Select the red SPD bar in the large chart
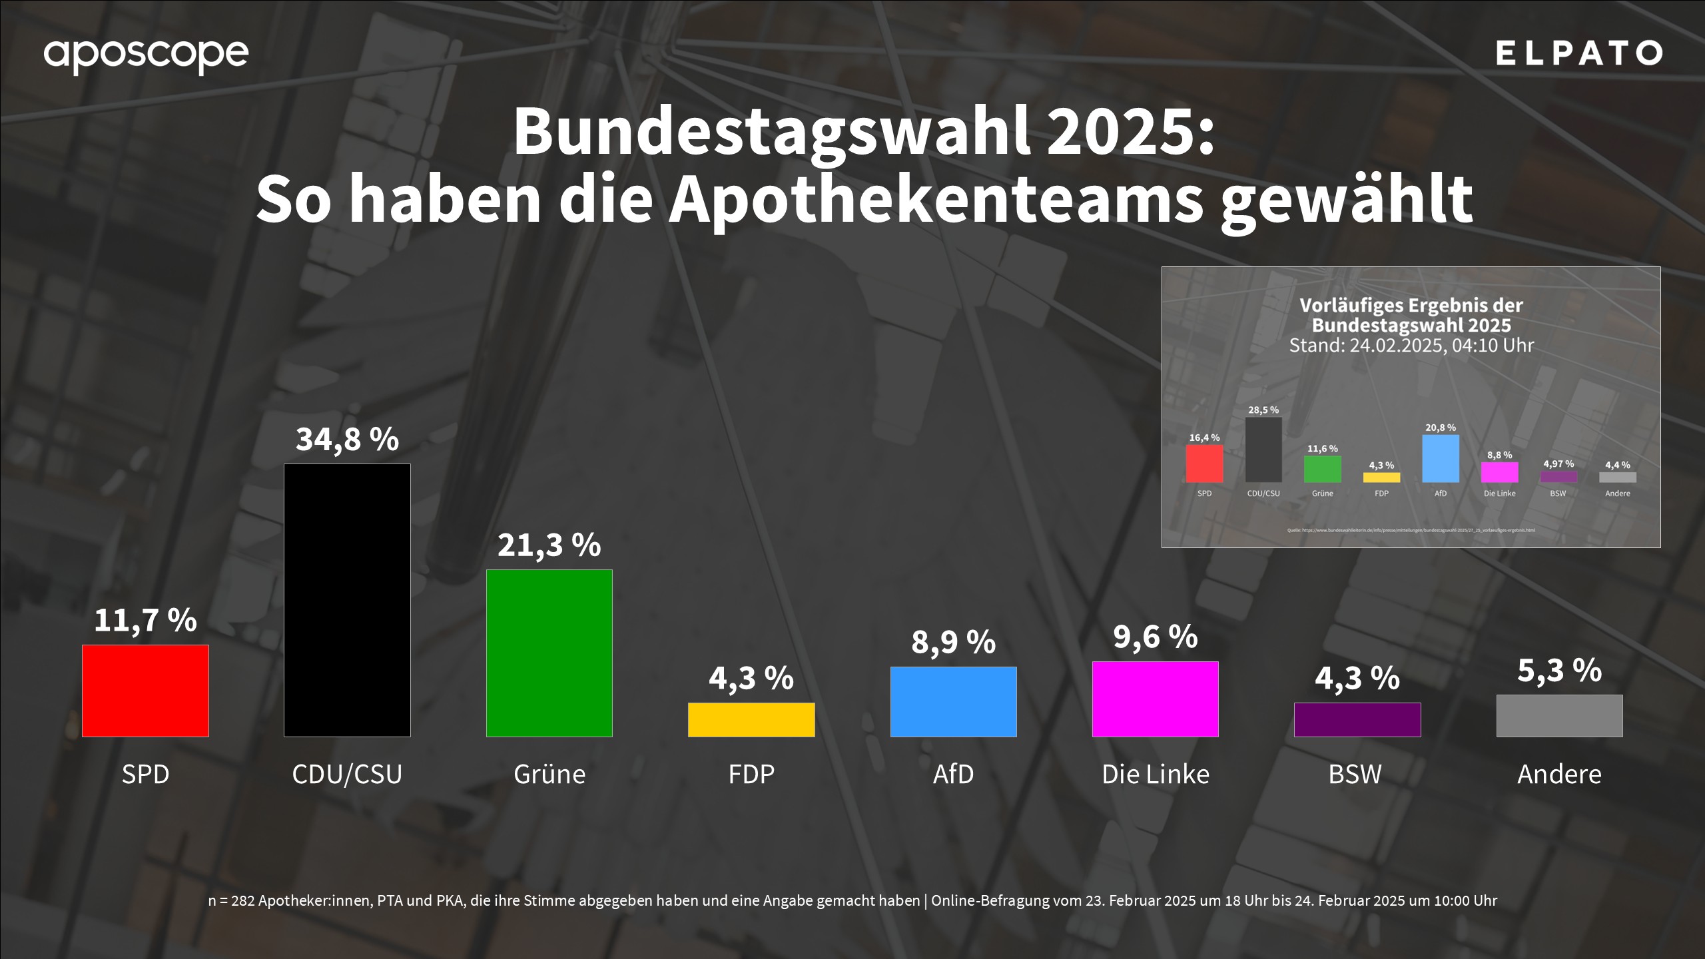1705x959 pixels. click(145, 691)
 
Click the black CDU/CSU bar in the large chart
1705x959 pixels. click(347, 600)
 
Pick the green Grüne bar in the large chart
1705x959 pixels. click(549, 653)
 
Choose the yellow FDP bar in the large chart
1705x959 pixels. click(751, 719)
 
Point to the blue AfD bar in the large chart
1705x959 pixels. click(953, 701)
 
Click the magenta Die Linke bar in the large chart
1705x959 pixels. click(1156, 699)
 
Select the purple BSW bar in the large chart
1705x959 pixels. click(1357, 719)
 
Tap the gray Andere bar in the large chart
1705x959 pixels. click(1559, 716)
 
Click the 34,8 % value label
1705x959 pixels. click(347, 440)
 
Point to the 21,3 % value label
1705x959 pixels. click(549, 545)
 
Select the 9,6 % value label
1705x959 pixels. click(1156, 637)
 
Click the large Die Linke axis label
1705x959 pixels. click(1156, 774)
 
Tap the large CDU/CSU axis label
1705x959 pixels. click(347, 774)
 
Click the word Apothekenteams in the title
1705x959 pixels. click(936, 200)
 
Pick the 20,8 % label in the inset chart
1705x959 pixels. click(1441, 428)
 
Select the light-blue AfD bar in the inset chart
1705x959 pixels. click(1441, 459)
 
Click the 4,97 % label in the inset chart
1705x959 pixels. click(1558, 464)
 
